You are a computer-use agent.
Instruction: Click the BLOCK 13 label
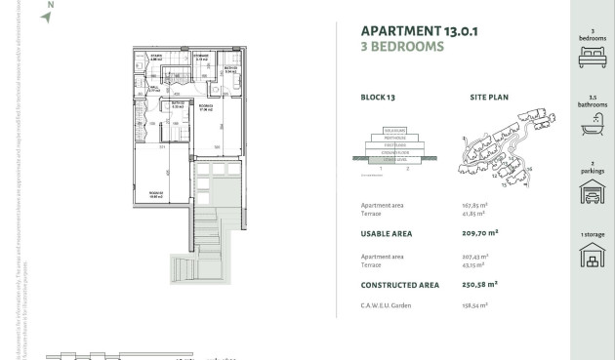coord(377,98)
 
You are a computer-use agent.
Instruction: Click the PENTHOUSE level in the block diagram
coord(395,138)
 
